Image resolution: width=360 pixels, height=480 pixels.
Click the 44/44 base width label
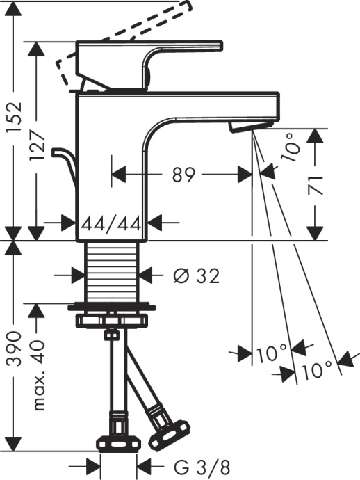(x=111, y=224)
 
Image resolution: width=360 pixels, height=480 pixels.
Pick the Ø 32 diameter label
(x=195, y=276)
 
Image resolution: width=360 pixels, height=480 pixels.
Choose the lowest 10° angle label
(x=316, y=371)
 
